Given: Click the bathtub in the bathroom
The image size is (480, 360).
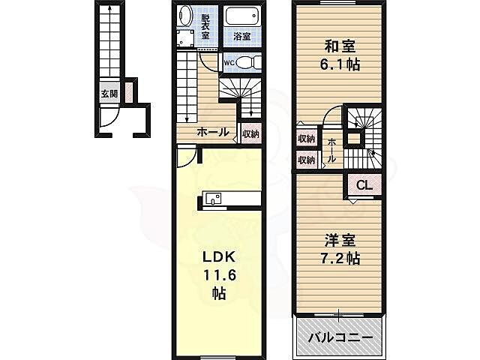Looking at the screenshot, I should (241, 16).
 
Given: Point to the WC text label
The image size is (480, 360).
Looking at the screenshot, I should (230, 63).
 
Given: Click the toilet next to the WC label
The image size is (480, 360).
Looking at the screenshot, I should (250, 62).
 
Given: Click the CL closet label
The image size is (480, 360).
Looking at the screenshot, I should (363, 185).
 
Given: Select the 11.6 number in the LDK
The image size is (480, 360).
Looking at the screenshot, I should (218, 275).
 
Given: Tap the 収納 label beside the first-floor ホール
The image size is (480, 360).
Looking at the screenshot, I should (250, 134).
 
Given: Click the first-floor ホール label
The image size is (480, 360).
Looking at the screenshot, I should (212, 132).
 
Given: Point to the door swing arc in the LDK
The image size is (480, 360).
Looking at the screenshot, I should (187, 155).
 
